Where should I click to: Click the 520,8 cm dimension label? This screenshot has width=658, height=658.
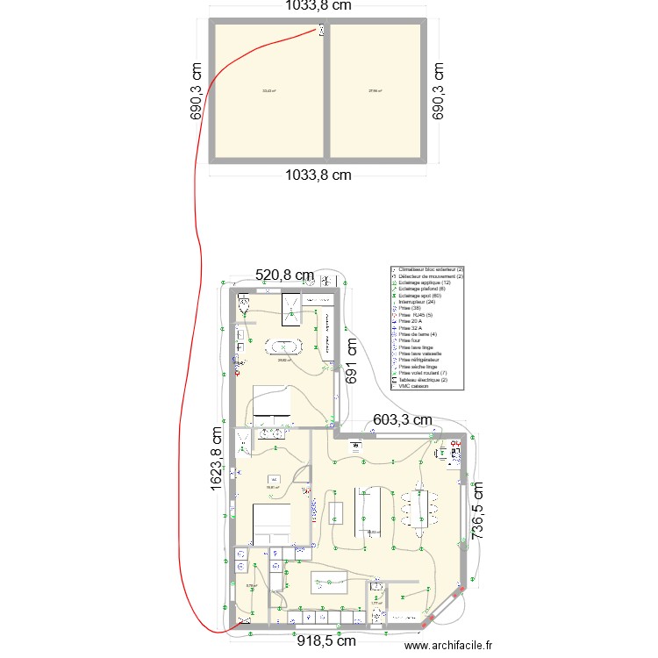coord(284,275)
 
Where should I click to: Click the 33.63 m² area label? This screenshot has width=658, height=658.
coord(268,90)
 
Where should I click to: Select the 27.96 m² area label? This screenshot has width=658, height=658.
coord(374,90)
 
